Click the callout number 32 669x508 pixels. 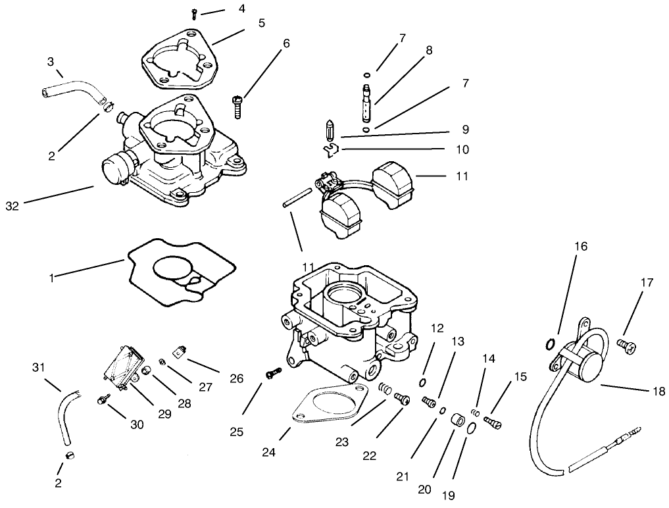point(12,206)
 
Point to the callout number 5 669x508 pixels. point(261,23)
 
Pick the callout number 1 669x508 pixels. point(51,277)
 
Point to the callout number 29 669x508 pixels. point(164,414)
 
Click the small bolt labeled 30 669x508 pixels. point(103,399)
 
